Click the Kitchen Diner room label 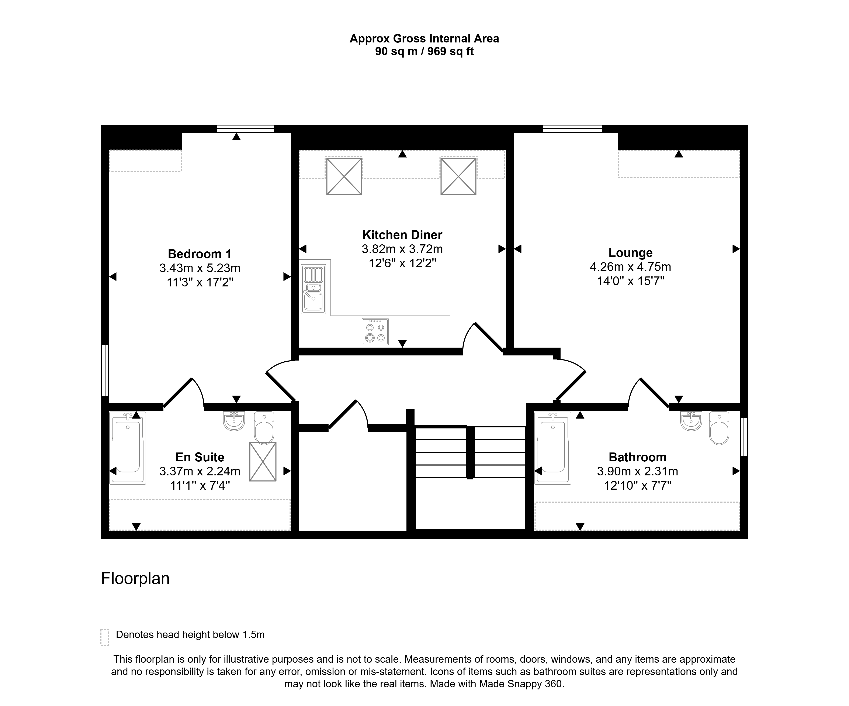click(x=402, y=235)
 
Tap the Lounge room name click(x=630, y=253)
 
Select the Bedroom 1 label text click(x=200, y=254)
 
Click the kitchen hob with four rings click(x=375, y=332)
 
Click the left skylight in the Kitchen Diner click(x=344, y=176)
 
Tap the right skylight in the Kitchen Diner click(x=458, y=176)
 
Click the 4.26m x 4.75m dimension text click(x=630, y=267)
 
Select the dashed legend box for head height click(x=105, y=637)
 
